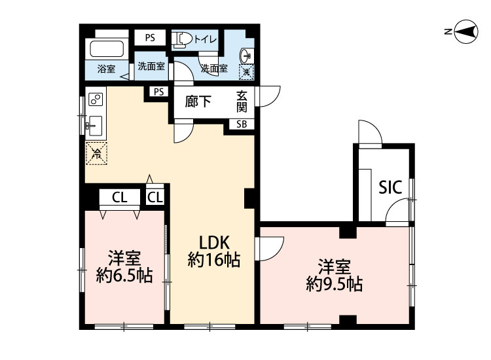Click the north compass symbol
[x=466, y=31]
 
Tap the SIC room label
[x=390, y=187]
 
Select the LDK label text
[x=215, y=242]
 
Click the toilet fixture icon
[x=181, y=40]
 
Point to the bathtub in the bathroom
[x=107, y=49]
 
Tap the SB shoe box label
[x=242, y=124]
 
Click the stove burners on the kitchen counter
[x=96, y=99]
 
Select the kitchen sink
[x=95, y=126]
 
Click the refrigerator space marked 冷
[x=97, y=153]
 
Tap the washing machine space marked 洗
[x=246, y=72]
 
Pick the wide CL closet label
[x=120, y=198]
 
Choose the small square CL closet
[x=155, y=197]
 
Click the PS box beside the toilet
[x=150, y=38]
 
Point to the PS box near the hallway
[x=159, y=92]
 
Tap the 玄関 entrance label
[x=242, y=101]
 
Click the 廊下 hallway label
[x=198, y=101]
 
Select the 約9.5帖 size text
[x=335, y=284]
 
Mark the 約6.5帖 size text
[x=124, y=276]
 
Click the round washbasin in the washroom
[x=246, y=56]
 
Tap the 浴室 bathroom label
[x=106, y=69]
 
